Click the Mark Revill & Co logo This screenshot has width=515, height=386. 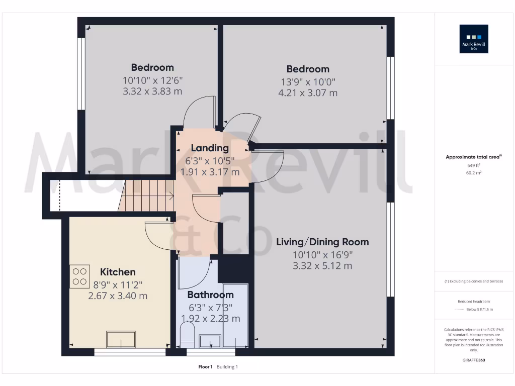point(474,39)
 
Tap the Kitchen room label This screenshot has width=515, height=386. point(118,272)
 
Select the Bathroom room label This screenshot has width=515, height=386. point(210,295)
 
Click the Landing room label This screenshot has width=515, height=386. point(210,148)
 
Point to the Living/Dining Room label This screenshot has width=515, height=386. point(322,242)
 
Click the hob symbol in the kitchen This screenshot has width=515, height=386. point(79,276)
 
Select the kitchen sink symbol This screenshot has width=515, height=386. point(121,339)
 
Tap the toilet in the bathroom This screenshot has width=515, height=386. point(187,335)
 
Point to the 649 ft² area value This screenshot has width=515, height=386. point(474,165)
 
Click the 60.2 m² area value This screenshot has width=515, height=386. point(474,172)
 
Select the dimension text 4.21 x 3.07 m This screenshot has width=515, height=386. point(308,93)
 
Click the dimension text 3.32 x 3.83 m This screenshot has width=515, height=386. point(152,91)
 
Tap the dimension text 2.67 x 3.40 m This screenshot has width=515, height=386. point(118,296)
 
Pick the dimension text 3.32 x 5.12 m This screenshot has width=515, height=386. point(322,266)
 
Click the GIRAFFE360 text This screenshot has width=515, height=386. point(474,360)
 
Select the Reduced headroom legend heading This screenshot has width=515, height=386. point(474,301)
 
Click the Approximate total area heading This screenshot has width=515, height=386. point(473,157)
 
